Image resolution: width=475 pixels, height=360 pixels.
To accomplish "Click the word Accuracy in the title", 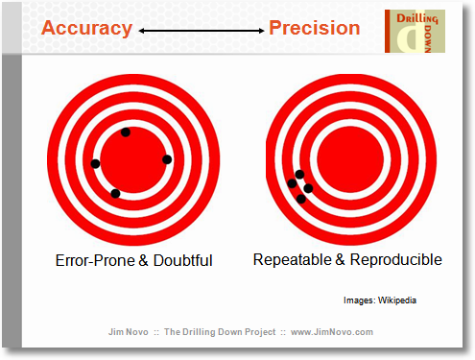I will [x=85, y=28].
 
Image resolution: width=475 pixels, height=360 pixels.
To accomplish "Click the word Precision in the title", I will [x=315, y=28].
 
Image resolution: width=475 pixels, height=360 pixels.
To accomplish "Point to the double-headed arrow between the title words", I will [x=200, y=31].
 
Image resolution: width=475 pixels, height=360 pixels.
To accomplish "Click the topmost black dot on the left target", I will [x=126, y=132].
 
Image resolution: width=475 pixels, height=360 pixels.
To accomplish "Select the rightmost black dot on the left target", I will [x=167, y=158].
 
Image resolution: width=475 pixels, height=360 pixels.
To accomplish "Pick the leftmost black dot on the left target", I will [x=95, y=163].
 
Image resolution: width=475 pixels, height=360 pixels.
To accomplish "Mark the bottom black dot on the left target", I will [x=115, y=194].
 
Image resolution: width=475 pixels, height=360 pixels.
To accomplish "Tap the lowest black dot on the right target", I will [x=302, y=199].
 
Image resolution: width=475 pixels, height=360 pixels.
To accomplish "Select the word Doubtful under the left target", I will [x=181, y=260].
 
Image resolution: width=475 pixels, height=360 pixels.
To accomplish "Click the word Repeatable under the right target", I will [x=291, y=259].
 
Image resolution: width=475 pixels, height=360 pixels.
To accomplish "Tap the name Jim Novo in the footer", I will [x=130, y=331].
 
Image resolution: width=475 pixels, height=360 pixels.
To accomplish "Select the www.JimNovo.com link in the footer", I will [x=331, y=331].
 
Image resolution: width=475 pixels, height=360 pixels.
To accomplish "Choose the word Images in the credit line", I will [x=356, y=300].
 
